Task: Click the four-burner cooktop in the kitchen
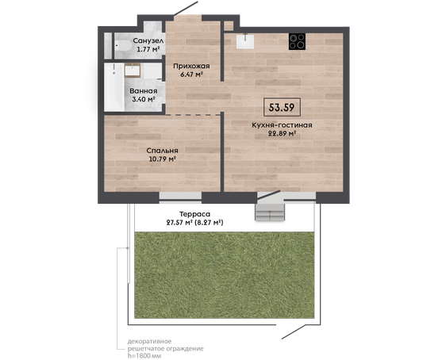[297, 41]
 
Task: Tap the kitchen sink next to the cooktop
[245, 41]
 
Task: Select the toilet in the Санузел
[124, 45]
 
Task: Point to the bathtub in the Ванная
[114, 87]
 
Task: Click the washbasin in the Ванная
[133, 71]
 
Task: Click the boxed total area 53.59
[282, 107]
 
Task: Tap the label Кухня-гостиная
[282, 125]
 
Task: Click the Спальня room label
[162, 151]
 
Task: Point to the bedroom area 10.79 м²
[162, 159]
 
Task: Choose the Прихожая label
[191, 67]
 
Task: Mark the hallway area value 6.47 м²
[191, 75]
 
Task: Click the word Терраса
[194, 214]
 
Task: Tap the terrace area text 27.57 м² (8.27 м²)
[194, 223]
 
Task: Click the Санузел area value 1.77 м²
[148, 49]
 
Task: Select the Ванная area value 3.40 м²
[144, 99]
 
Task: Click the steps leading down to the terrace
[270, 212]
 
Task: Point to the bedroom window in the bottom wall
[180, 197]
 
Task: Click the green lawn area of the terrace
[225, 275]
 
